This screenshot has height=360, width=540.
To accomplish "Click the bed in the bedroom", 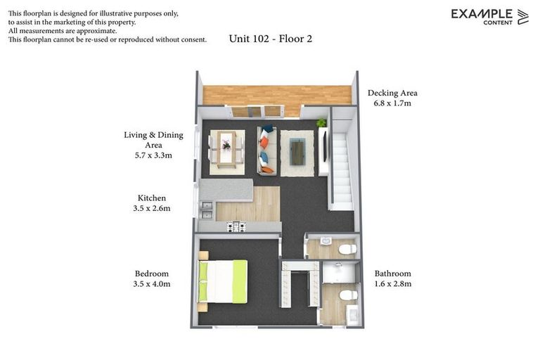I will coord(224,281).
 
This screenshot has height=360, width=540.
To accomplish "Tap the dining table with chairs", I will coord(226,150).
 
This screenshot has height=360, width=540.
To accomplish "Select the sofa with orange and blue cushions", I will coord(266,150).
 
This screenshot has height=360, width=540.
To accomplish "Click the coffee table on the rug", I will coord(297,151).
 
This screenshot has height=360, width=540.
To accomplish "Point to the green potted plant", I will coord(321,123).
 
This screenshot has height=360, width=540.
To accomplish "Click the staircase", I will coord(341,169).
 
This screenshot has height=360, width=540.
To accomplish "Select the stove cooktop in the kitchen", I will coord(236,226).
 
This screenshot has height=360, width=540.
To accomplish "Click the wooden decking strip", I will coord(277,95).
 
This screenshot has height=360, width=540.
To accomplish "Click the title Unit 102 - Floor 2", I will coord(271,39).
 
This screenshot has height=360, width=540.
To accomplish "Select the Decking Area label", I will coord(392,93).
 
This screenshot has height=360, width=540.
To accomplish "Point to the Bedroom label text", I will coord(152,274).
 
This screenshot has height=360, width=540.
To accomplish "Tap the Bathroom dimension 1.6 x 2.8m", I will coord(392,284).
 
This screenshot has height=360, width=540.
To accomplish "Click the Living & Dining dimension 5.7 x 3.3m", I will coord(153,156).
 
